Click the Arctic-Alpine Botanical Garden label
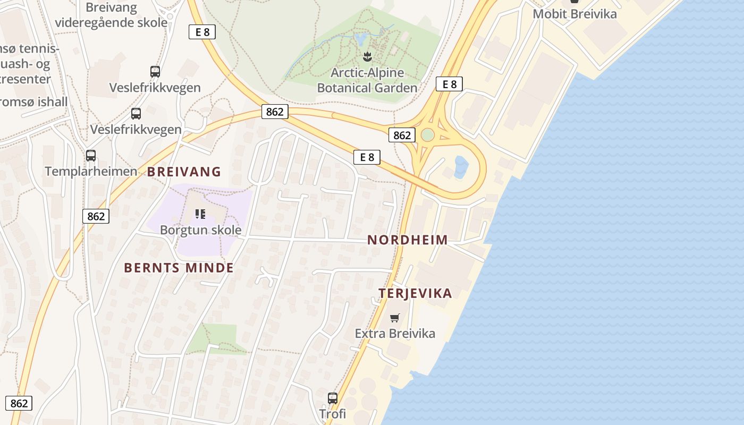[x=367, y=80]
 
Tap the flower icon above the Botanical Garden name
[x=367, y=56]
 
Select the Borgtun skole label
[x=201, y=230]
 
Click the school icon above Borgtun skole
[x=200, y=214]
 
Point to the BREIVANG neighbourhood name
[x=184, y=172]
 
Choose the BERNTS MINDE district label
[x=179, y=268]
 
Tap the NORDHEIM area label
[x=408, y=240]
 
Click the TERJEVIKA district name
[x=415, y=293]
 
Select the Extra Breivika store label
[x=395, y=334]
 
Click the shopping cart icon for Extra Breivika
[x=394, y=318]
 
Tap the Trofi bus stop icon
[x=333, y=398]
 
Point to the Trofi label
[x=333, y=413]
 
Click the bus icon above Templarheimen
[x=91, y=156]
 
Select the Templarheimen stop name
[x=91, y=172]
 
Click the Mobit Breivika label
[x=574, y=14]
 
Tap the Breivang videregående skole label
[x=111, y=15]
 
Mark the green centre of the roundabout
[x=427, y=135]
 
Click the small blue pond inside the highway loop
[x=461, y=166]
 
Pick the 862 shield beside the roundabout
[x=402, y=135]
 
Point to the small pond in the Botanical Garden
[x=361, y=38]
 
